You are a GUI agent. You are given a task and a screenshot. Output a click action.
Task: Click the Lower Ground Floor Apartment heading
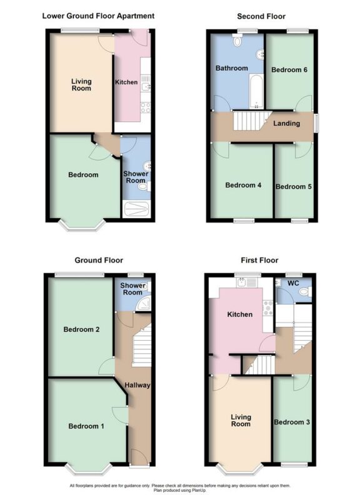98,16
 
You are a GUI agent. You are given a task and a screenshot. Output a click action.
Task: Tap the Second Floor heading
261,16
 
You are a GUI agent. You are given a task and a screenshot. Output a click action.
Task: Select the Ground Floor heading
99,260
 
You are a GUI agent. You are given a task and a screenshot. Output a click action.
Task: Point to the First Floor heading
259,260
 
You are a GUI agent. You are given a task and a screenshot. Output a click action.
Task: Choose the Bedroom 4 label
242,185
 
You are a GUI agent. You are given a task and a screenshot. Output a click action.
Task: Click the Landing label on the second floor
287,123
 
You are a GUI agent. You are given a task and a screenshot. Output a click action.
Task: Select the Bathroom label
232,68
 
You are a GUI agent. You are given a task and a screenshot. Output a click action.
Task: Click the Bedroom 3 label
292,422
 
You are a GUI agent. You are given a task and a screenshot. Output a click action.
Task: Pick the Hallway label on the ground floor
137,385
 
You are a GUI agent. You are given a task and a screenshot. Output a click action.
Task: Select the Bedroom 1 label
86,426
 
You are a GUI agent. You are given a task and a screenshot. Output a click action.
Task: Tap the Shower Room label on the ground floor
132,289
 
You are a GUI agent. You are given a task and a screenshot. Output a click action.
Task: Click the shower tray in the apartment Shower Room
137,209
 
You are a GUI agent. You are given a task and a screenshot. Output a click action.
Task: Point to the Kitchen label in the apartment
126,82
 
